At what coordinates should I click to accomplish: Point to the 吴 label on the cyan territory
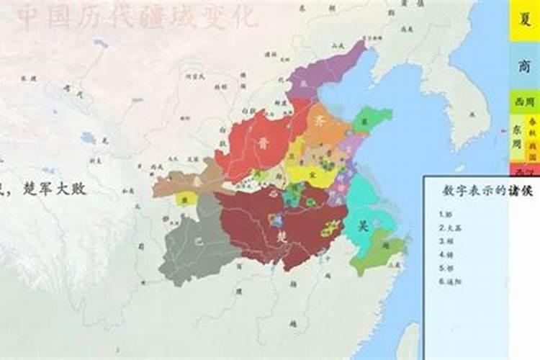coord(364,225)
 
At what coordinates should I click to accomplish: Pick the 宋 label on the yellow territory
coord(310,174)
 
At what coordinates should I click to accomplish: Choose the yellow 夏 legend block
coord(524,20)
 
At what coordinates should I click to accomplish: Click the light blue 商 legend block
coord(524,66)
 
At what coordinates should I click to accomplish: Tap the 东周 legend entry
coord(518,137)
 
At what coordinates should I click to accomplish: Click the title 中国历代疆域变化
coord(137,18)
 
